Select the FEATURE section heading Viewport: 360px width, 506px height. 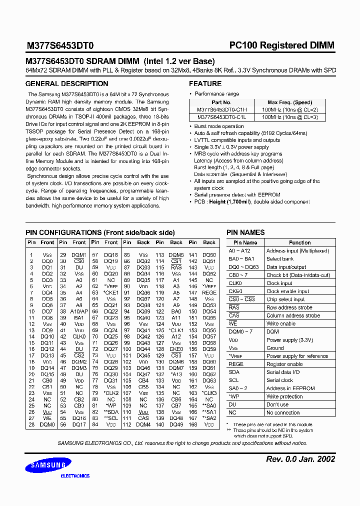205,83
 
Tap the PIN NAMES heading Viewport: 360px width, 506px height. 245,232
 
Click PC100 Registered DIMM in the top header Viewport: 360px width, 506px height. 281,45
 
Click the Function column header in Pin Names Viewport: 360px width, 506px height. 299,242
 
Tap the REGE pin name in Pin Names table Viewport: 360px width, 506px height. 236,364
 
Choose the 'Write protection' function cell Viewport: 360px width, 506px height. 284,396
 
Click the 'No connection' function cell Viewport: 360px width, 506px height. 283,412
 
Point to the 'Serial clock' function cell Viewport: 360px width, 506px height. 279,380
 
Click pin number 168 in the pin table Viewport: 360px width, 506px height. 192,425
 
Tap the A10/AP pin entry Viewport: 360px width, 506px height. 79,311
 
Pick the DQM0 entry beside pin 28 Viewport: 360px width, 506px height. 47,425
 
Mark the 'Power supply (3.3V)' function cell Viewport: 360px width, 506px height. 289,340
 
